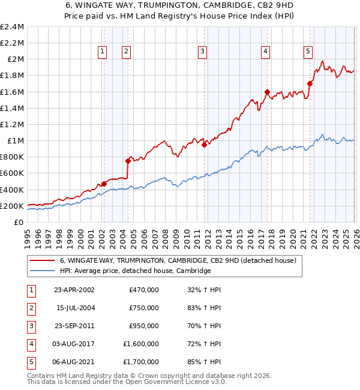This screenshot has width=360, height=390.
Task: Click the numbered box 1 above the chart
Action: [103, 52]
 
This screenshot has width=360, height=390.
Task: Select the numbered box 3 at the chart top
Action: [203, 52]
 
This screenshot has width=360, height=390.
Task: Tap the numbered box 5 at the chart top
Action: [308, 52]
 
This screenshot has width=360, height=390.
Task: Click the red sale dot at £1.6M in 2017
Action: [267, 92]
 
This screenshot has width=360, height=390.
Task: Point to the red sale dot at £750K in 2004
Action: [128, 161]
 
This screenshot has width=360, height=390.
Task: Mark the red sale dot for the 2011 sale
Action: [204, 145]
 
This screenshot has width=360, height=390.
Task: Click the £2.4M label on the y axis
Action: [12, 27]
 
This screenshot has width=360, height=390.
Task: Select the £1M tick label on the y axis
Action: [14, 141]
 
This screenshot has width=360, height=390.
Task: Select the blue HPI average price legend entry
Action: [135, 271]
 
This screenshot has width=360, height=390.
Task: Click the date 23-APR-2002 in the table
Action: [74, 290]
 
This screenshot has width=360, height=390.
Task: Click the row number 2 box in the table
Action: [30, 308]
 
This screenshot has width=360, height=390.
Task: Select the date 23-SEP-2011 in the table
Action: [74, 326]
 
